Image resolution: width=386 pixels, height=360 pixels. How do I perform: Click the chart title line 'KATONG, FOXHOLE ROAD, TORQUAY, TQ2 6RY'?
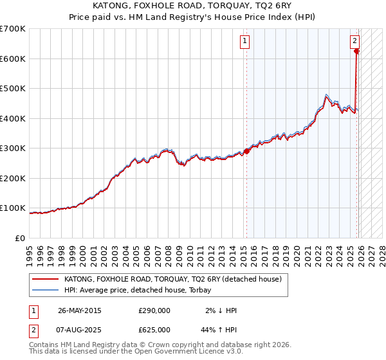(x=192, y=5)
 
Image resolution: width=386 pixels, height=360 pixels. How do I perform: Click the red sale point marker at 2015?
(x=247, y=151)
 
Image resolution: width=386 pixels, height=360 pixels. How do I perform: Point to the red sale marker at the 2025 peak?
(x=357, y=51)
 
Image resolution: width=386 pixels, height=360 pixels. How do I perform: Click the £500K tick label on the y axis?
(x=13, y=89)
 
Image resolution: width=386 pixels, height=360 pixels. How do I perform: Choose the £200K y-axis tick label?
(x=13, y=178)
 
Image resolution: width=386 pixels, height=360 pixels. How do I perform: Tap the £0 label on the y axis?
(x=20, y=238)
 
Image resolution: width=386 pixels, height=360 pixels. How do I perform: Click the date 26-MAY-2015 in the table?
(x=80, y=310)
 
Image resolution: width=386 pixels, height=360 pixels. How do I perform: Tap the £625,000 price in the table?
(x=154, y=330)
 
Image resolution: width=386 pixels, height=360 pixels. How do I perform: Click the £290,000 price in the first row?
(x=154, y=310)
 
